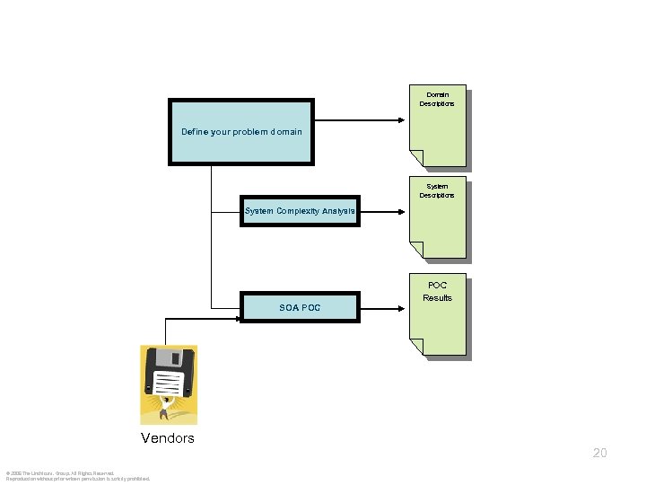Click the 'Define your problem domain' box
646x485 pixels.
pos(241,132)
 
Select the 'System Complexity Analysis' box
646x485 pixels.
pos(300,211)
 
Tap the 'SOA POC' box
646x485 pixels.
pos(300,307)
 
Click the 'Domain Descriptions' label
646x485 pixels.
pos(437,99)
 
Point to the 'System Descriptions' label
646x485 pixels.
pos(437,190)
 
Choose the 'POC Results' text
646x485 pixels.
pos(437,292)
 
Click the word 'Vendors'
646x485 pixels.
pos(167,438)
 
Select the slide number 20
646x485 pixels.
pos(599,453)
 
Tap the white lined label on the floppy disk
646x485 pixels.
pos(168,385)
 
